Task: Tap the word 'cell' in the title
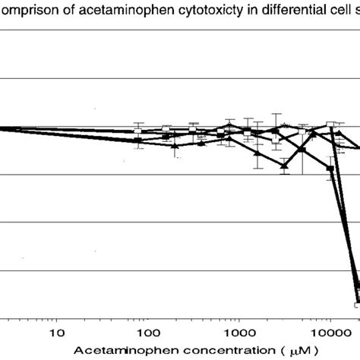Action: (312, 8)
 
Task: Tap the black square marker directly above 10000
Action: (330, 169)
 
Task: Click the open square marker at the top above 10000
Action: (330, 125)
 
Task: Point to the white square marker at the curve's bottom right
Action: (357, 305)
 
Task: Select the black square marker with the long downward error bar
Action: (302, 150)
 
